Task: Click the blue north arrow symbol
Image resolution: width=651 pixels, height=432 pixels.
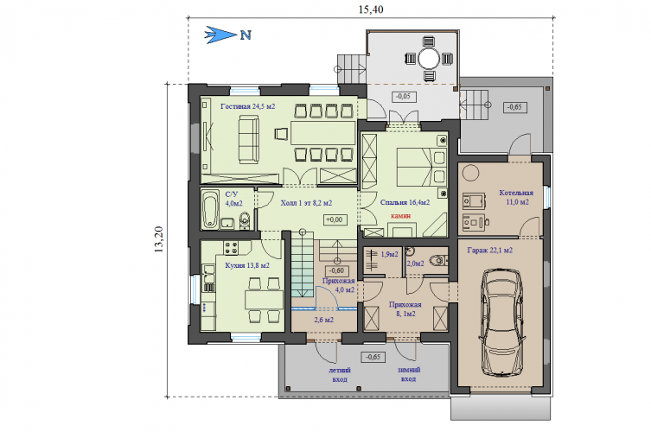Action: pos(220,35)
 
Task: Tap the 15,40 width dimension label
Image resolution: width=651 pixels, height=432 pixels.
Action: pos(370,10)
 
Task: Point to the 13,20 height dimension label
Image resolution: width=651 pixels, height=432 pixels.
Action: pos(158,239)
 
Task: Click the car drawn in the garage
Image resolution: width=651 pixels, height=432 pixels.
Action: pos(501,322)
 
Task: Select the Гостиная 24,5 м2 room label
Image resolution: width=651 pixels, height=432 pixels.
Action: pos(248,106)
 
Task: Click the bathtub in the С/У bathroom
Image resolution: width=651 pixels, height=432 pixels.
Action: pos(210,210)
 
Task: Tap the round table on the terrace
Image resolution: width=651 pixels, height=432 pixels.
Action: pos(429,59)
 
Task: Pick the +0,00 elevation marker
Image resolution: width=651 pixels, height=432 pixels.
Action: pos(335,219)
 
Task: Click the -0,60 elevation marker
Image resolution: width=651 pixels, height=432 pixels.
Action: pos(336,270)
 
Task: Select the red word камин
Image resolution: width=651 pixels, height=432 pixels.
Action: pos(400,215)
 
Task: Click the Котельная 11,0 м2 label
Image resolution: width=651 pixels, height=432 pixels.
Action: pos(516,198)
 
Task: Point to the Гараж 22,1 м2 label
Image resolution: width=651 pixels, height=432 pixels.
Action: pos(490,251)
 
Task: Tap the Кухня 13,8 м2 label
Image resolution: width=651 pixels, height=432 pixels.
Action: pos(247,265)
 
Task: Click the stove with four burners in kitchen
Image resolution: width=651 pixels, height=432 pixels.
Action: pos(231,248)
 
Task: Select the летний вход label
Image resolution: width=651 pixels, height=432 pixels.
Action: pos(340,374)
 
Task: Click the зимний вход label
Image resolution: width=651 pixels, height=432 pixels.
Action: pos(409,374)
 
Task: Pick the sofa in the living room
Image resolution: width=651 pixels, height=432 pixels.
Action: pos(249,139)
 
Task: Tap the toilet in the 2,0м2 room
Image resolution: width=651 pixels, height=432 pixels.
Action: pos(438,261)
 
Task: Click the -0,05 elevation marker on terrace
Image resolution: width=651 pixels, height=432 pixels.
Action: pos(404,96)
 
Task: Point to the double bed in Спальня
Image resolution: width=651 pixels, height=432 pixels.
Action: pos(420,167)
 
